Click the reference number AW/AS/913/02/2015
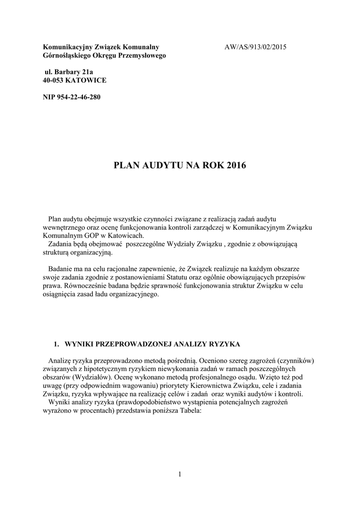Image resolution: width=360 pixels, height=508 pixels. point(256,47)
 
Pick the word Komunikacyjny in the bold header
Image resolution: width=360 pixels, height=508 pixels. point(66,47)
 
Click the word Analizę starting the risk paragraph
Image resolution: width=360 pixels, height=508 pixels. point(61,361)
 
